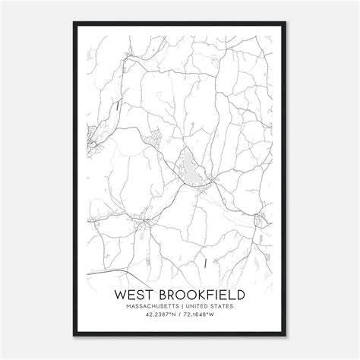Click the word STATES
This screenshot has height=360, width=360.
click(229, 306)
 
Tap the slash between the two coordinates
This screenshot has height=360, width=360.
click(180, 317)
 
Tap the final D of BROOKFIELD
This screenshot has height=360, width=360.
click(242, 292)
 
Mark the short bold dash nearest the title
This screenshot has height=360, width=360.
click(206, 263)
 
